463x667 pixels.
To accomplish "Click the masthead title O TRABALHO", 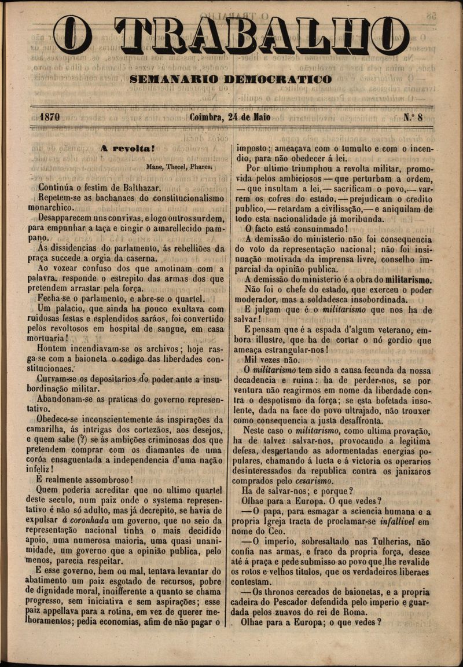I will [231, 36].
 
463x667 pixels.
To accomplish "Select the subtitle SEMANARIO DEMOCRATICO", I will [231, 79].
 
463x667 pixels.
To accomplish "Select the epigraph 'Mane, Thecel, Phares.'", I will [179, 166].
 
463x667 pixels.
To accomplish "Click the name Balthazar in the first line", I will [141, 187].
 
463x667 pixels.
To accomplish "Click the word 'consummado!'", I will [316, 228].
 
